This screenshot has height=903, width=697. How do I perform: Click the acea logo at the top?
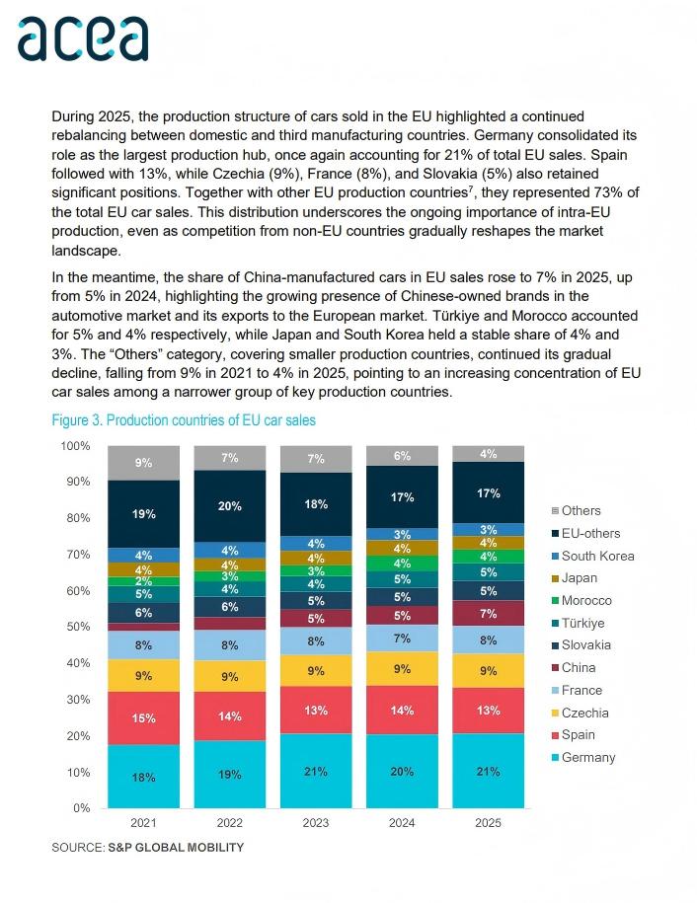[83, 38]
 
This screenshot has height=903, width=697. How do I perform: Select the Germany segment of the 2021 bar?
[144, 777]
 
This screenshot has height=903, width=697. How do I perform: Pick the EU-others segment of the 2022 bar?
[230, 505]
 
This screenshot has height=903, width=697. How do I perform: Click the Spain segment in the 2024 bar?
[402, 710]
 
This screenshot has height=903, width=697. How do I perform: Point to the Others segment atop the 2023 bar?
[316, 458]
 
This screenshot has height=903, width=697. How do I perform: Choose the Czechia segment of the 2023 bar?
[316, 670]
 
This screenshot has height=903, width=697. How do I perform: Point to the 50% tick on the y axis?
[76, 627]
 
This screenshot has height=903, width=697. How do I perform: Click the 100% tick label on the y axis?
[74, 446]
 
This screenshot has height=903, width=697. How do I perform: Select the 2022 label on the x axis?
[230, 823]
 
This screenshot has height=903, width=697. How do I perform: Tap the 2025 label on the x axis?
[488, 823]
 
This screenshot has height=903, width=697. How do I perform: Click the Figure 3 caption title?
[184, 420]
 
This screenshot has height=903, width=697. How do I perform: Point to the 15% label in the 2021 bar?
[144, 718]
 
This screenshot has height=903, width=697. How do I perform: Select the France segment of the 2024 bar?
[402, 639]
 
